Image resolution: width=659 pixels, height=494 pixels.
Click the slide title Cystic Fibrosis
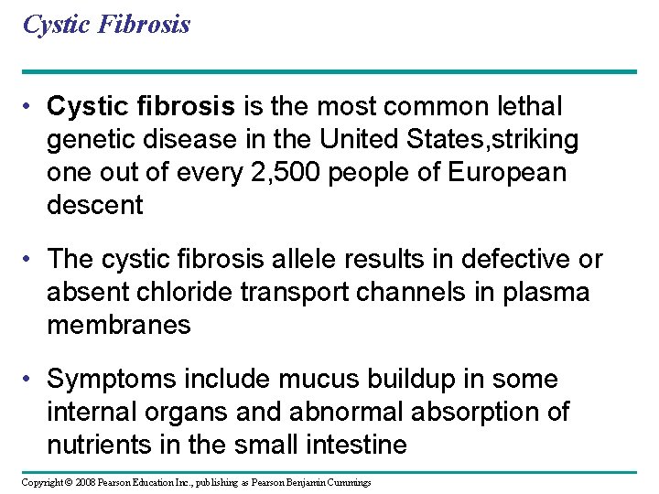point(106,24)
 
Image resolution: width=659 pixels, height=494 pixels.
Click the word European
point(507,173)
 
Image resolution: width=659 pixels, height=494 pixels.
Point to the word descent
point(95,205)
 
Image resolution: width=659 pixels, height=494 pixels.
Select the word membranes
point(119,325)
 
